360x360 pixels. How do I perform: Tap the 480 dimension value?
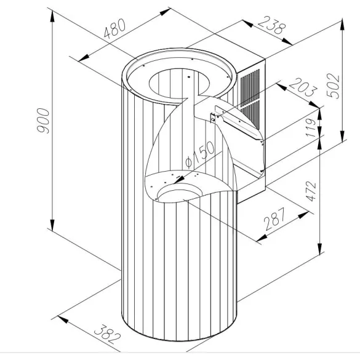[115, 30]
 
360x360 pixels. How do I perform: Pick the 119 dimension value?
[311, 126]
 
